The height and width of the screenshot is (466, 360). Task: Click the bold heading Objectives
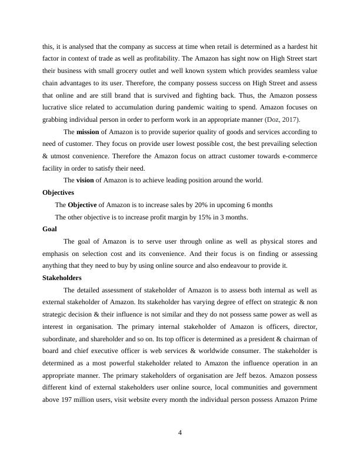point(58,192)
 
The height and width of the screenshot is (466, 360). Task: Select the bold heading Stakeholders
point(62,278)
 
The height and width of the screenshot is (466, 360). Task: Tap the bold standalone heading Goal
point(49,229)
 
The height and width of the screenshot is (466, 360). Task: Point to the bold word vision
point(86,180)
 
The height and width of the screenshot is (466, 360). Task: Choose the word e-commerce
point(298,156)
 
